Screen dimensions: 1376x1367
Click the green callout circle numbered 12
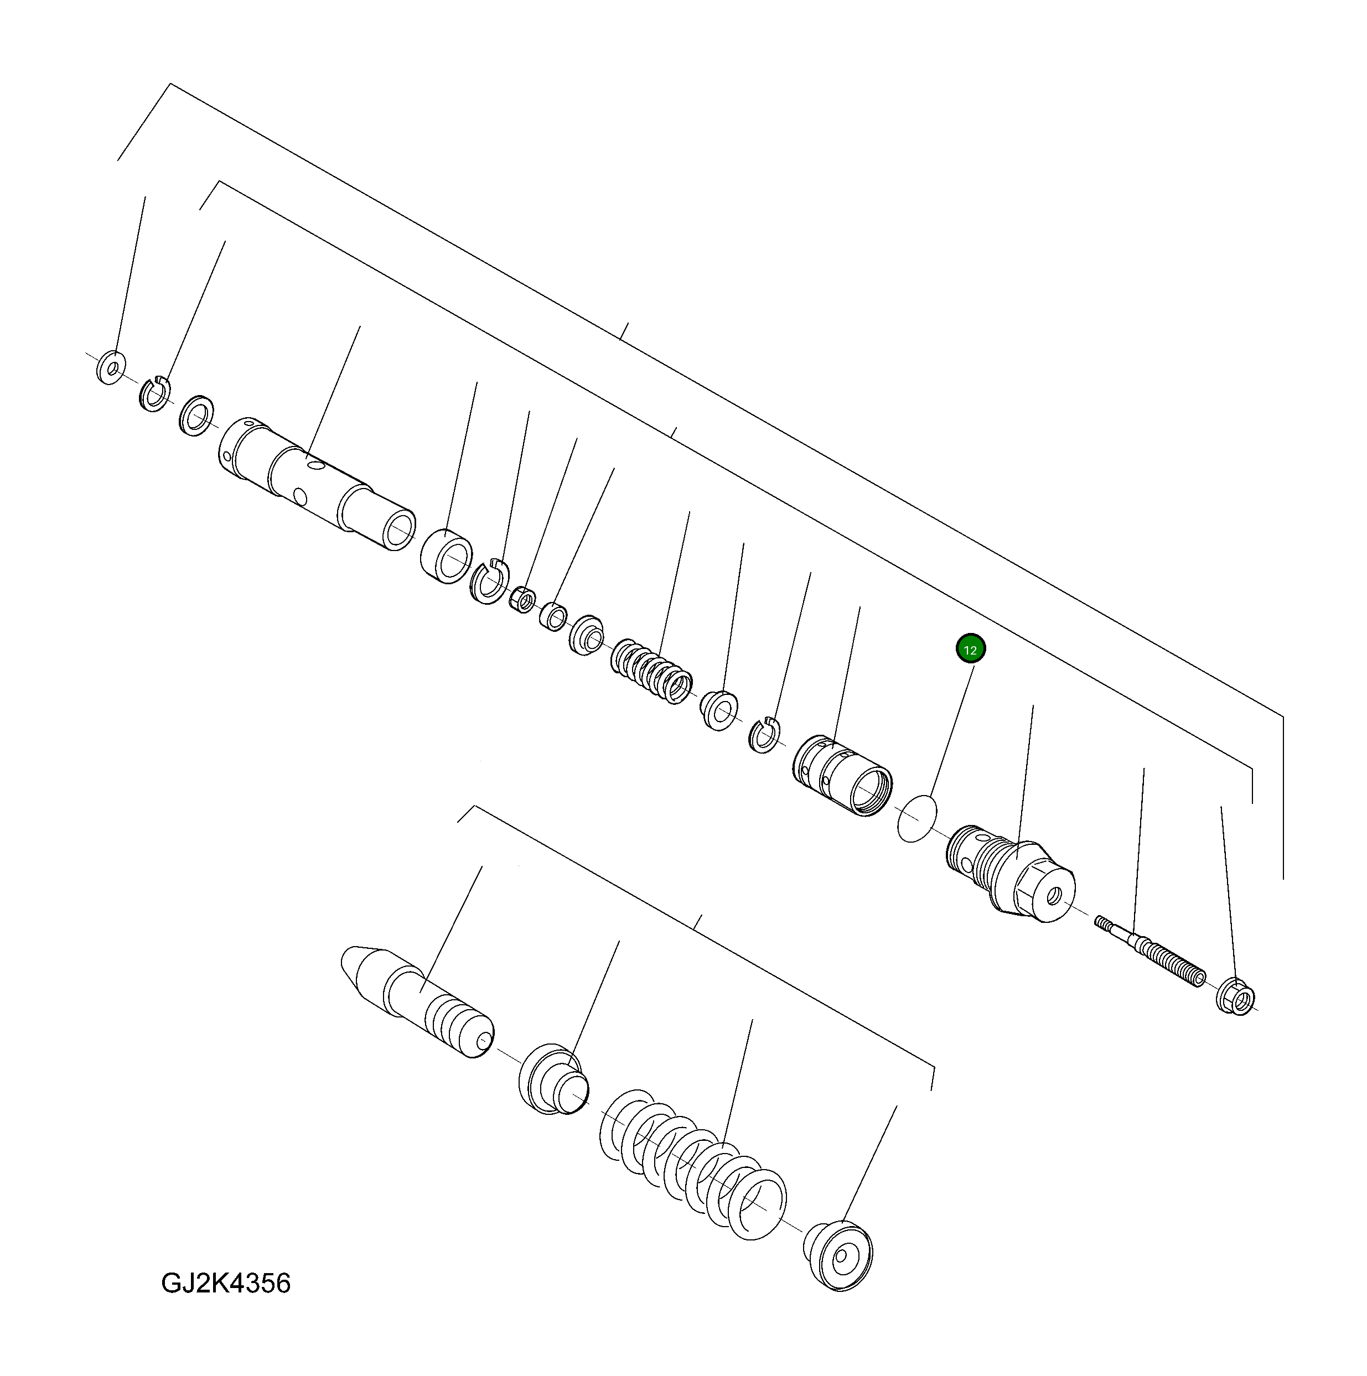pyautogui.click(x=970, y=650)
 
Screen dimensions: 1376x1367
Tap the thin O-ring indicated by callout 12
pyautogui.click(x=917, y=818)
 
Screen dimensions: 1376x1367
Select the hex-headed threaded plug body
pyautogui.click(x=1012, y=873)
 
